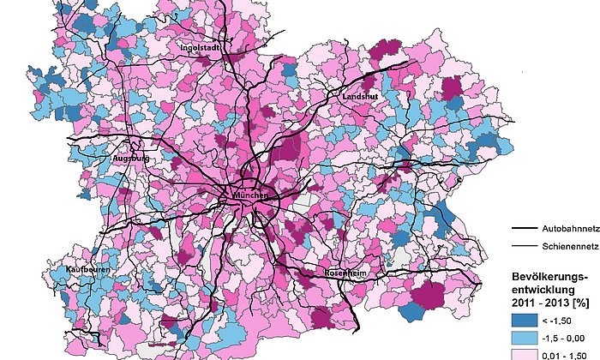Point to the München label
[250, 195]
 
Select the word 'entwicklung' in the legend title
[543, 290]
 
